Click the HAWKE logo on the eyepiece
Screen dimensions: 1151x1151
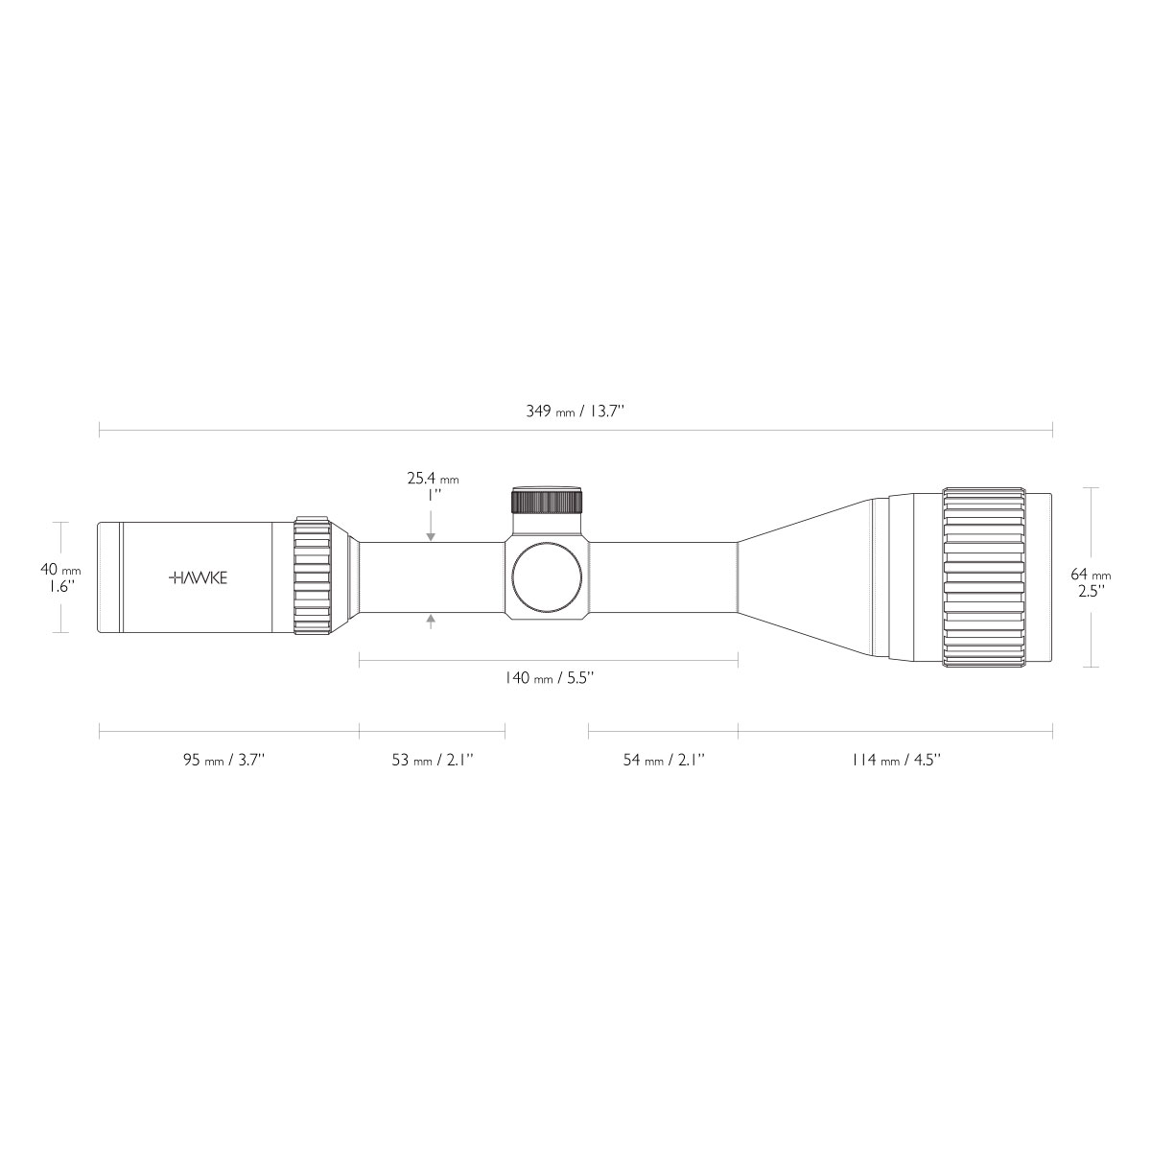point(199,577)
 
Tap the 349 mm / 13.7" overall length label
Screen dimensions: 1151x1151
point(575,411)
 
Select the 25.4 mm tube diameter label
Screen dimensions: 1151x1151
point(433,478)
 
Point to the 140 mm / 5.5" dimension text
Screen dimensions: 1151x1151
point(549,677)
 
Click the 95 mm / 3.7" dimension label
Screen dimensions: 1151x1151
point(224,760)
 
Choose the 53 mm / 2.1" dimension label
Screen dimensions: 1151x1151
point(433,760)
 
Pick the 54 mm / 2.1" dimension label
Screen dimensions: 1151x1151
point(664,760)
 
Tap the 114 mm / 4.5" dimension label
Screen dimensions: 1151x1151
point(896,760)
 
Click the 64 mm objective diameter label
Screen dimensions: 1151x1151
point(1091,574)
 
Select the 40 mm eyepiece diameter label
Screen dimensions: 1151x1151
point(60,569)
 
